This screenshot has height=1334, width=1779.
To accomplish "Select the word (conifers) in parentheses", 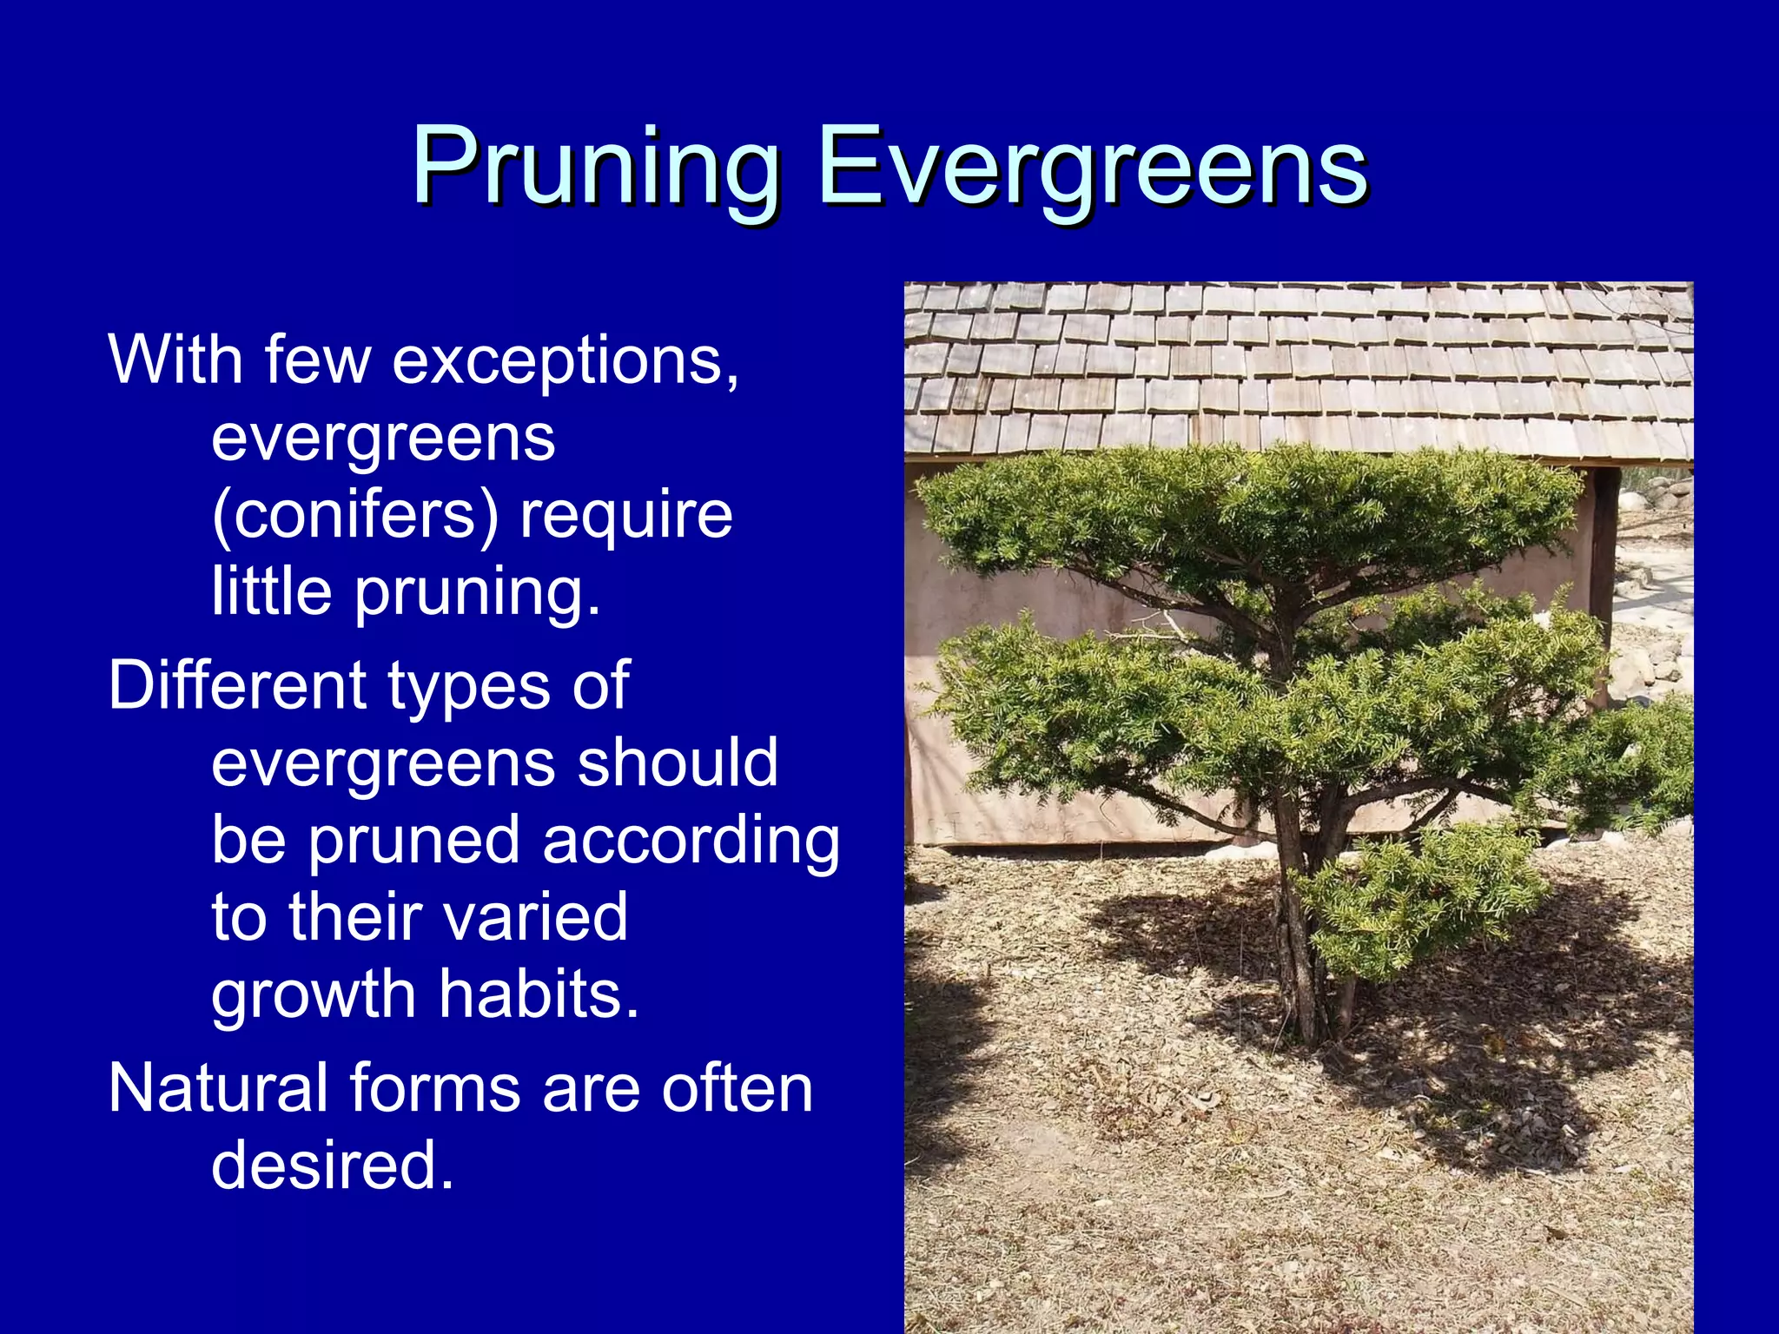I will (354, 515).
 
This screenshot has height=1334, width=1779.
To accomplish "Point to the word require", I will (625, 515).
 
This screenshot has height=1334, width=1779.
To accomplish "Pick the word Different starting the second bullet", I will (236, 685).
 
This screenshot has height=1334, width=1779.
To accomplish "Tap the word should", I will (678, 763).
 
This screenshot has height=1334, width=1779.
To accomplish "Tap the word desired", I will (332, 1165).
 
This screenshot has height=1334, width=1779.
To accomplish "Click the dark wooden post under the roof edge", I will (1604, 556).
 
